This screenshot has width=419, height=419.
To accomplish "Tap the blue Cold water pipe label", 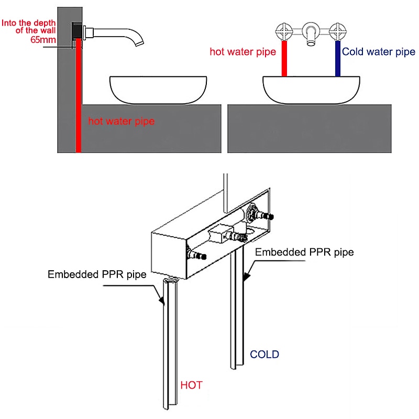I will (x=378, y=52).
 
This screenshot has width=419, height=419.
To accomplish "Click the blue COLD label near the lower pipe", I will (x=264, y=355).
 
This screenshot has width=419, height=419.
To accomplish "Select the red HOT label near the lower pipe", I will (x=191, y=385).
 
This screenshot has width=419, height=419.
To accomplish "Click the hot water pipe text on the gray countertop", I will (x=121, y=122).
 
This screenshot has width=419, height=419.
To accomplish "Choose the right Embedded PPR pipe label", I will (x=304, y=252).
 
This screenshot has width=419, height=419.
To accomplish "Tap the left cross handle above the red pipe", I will (x=285, y=30).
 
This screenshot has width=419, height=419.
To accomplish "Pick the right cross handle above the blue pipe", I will (x=338, y=30).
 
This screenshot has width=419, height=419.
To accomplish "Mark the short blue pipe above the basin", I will (x=338, y=59).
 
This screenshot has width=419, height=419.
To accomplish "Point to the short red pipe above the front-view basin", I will (x=285, y=59).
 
